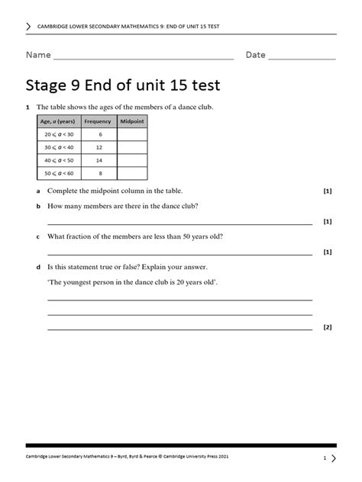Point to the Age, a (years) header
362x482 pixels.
57,120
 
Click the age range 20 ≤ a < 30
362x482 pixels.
57,133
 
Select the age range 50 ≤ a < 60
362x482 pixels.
57,175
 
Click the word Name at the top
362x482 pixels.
38,55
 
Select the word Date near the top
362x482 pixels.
255,55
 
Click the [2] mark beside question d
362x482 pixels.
328,327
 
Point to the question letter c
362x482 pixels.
37,236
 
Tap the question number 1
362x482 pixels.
27,108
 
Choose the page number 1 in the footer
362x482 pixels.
325,458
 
